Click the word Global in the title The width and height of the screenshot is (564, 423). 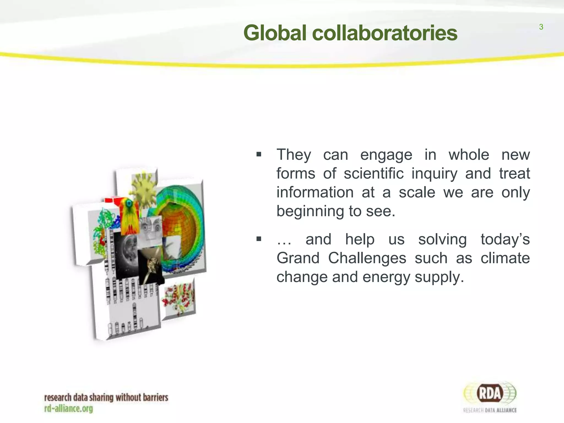[x=275, y=33]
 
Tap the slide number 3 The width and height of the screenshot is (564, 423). [x=541, y=27]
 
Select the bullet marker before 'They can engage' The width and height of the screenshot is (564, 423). [x=259, y=154]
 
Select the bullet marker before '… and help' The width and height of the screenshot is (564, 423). [x=259, y=239]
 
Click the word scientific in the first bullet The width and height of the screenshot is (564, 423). [x=374, y=173]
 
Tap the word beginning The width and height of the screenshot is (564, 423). [x=310, y=211]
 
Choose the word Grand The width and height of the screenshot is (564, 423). [x=298, y=258]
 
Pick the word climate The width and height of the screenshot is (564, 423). [x=505, y=258]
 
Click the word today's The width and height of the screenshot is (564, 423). [x=505, y=239]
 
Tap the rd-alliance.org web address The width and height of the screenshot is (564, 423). [x=69, y=408]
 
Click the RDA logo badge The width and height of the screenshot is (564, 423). [x=490, y=393]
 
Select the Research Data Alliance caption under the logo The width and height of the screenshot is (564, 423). [x=490, y=410]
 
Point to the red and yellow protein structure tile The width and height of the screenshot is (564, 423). [x=178, y=299]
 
